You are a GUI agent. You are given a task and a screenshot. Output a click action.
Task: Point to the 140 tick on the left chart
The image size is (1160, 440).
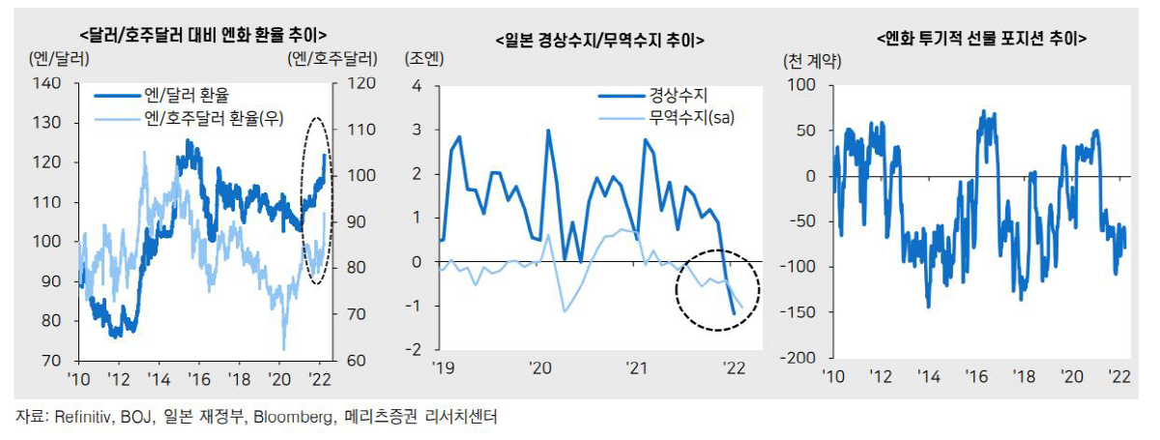74,85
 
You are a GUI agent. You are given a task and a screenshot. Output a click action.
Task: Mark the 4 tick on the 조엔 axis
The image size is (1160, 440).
418,86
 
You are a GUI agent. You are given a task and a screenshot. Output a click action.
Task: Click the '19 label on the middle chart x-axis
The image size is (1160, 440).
442,368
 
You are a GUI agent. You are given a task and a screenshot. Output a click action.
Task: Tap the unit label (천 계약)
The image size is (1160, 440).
813,62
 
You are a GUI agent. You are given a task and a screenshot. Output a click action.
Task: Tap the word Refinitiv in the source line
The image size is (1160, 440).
81,417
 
